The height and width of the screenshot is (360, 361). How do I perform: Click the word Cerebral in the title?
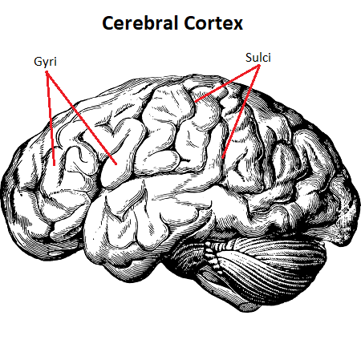140,22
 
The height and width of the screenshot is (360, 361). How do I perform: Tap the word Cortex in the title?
213,23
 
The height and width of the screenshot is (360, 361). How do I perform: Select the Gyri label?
46,62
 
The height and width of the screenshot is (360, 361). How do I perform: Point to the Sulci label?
258,58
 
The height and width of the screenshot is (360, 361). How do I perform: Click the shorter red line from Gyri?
51,119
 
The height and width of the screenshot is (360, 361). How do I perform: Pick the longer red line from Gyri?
82,118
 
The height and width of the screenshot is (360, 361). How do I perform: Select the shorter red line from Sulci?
227,85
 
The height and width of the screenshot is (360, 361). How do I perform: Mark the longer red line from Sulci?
241,113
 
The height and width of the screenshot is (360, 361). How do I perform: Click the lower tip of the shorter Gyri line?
55,165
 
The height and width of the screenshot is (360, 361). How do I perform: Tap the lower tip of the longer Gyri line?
116,164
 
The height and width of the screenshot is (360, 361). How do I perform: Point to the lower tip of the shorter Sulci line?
195,102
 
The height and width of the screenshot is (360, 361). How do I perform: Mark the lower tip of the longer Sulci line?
222,158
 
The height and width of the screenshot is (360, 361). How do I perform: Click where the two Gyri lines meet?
47,72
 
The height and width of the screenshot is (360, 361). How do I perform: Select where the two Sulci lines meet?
259,68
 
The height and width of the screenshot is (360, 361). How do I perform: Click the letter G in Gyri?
38,62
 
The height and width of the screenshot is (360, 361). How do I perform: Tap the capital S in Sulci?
249,58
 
